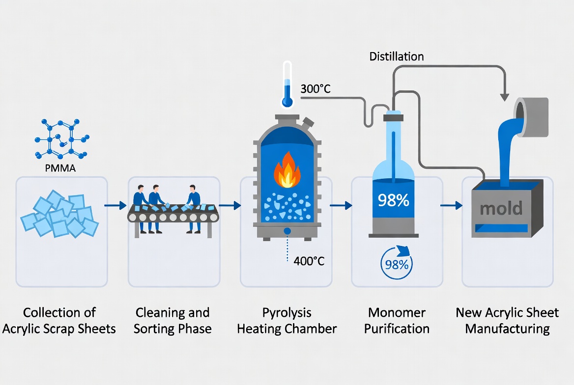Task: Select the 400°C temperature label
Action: pyautogui.click(x=309, y=261)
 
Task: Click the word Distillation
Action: pyautogui.click(x=396, y=56)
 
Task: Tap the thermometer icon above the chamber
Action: pyautogui.click(x=287, y=84)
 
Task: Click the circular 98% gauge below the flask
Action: pyautogui.click(x=397, y=264)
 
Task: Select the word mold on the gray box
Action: pyautogui.click(x=501, y=208)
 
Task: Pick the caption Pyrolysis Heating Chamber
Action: pyautogui.click(x=287, y=321)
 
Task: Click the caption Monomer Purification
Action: pyautogui.click(x=397, y=321)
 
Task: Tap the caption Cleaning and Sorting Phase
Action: pyautogui.click(x=172, y=321)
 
